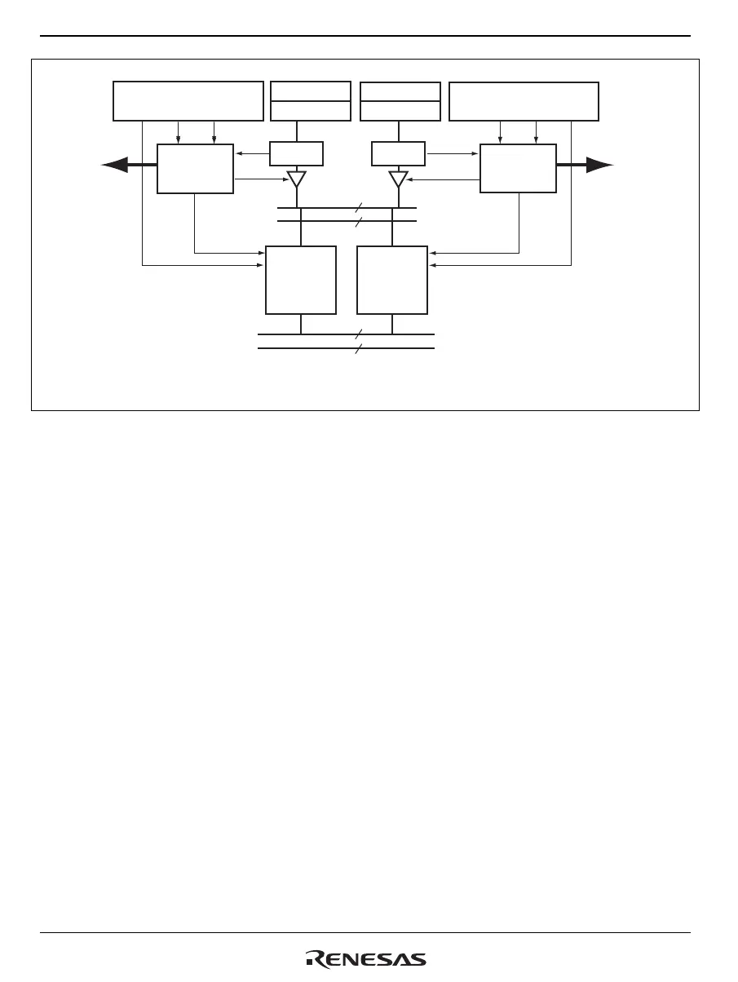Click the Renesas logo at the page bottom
tap(366, 959)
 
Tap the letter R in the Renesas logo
tap(314, 959)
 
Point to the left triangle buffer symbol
tap(296, 179)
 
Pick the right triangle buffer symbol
tap(398, 179)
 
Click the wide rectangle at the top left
tap(188, 100)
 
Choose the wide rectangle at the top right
tap(524, 100)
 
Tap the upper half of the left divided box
tap(310, 91)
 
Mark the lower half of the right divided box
tap(400, 111)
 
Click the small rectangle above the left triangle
tap(296, 153)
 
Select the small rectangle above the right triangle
tap(398, 153)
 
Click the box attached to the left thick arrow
tap(195, 169)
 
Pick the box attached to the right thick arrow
tap(518, 169)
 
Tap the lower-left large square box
tap(301, 280)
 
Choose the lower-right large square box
tap(392, 280)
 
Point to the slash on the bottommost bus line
tap(358, 348)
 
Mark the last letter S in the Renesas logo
tap(418, 960)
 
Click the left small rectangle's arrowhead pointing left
tap(237, 153)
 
